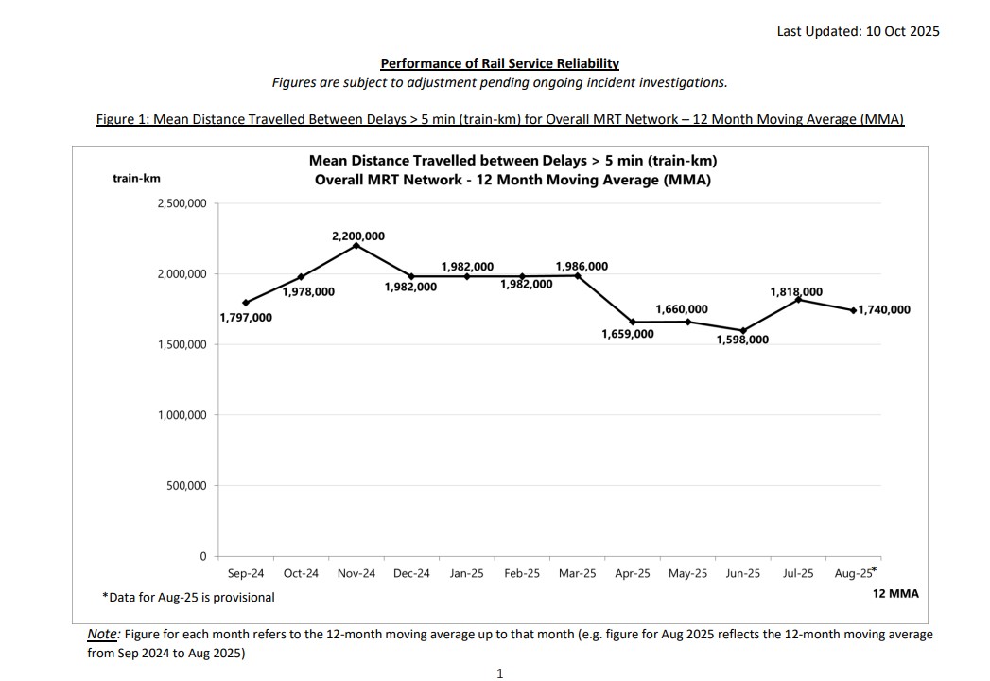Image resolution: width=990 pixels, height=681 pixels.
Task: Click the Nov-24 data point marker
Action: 356,245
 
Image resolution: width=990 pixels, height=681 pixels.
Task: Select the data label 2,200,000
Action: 358,236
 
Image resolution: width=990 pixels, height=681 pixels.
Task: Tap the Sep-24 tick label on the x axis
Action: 246,573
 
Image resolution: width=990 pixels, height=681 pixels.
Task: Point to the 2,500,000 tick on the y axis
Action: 182,203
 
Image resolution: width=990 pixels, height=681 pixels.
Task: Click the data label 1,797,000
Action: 246,318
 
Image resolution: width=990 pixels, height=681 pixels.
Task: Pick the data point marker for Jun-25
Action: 743,330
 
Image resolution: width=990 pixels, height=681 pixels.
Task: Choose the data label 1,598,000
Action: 742,340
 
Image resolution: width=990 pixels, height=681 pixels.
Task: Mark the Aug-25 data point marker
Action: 854,310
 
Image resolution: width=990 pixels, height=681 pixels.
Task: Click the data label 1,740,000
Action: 884,309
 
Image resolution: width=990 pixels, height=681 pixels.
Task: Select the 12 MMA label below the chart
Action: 895,594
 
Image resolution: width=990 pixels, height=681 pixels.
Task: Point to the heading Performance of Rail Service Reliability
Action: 499,63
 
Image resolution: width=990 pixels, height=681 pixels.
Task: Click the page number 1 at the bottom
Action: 499,673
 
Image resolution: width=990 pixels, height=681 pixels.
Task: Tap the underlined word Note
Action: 102,634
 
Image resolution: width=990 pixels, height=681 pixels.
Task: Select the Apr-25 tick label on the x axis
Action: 633,573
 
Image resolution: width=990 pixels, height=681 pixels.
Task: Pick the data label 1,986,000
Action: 582,267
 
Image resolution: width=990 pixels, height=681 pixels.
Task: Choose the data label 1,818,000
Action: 796,292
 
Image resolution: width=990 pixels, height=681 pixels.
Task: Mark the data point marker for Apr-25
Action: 633,322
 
